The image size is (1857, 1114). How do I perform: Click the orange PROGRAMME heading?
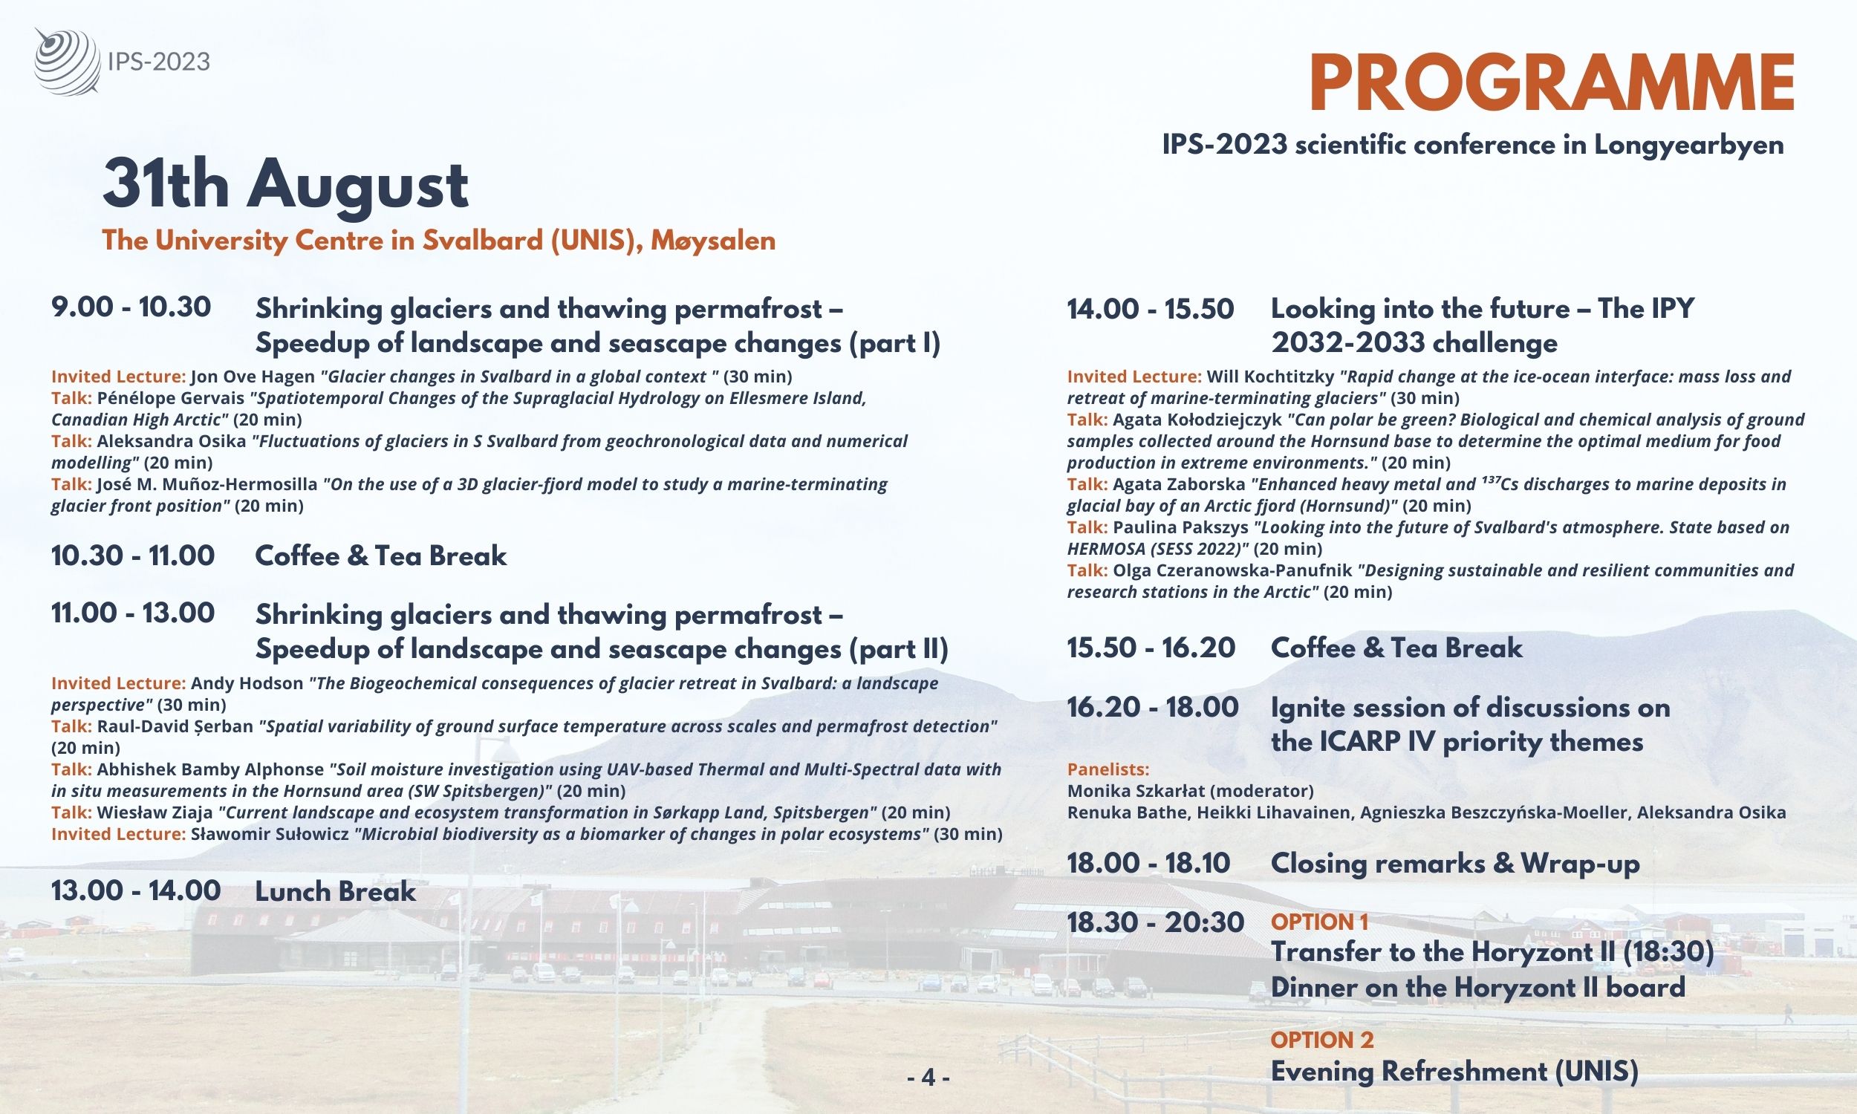click(x=1552, y=84)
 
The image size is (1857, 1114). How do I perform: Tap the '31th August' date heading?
click(x=285, y=185)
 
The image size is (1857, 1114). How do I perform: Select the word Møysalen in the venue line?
click(x=713, y=241)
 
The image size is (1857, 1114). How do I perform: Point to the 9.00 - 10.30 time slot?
click(x=131, y=307)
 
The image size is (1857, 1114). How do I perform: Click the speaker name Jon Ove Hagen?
click(x=253, y=377)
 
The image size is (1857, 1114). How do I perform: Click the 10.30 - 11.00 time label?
click(x=133, y=556)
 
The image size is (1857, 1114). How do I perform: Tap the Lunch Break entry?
click(x=335, y=892)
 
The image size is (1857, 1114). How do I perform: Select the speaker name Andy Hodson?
click(x=247, y=684)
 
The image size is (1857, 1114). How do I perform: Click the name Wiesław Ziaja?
click(x=155, y=813)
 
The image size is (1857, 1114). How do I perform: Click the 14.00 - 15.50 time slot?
click(x=1150, y=309)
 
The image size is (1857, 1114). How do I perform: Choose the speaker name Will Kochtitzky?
click(x=1269, y=377)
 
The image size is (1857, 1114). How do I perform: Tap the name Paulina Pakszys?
click(x=1181, y=528)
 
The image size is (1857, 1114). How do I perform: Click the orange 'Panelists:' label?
click(x=1108, y=769)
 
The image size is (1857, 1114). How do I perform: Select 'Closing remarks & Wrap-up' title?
click(x=1454, y=864)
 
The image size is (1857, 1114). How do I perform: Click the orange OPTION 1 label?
click(x=1319, y=922)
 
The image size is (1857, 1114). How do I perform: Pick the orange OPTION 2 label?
click(x=1322, y=1040)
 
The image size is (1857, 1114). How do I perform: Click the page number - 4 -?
click(x=928, y=1078)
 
